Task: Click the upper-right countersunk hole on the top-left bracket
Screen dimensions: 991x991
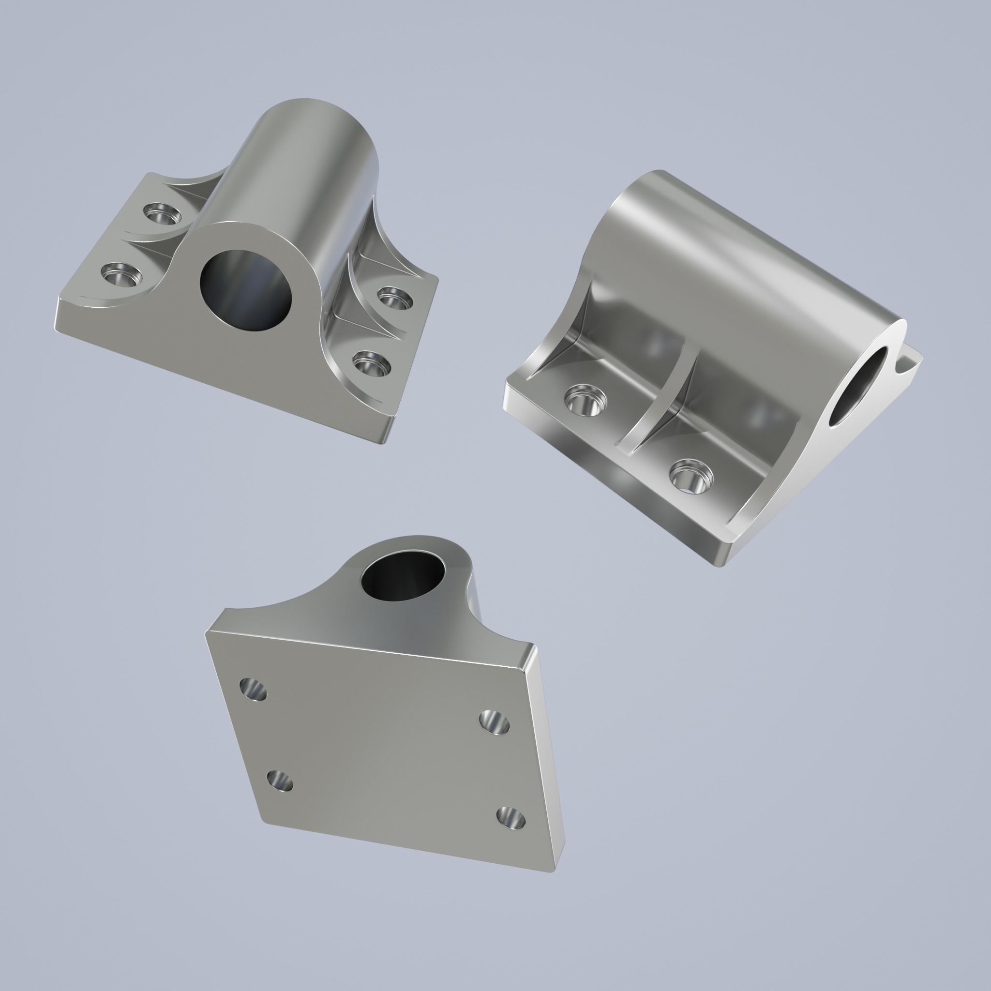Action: [x=394, y=298]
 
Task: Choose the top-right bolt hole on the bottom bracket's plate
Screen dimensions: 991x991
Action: [x=495, y=722]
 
